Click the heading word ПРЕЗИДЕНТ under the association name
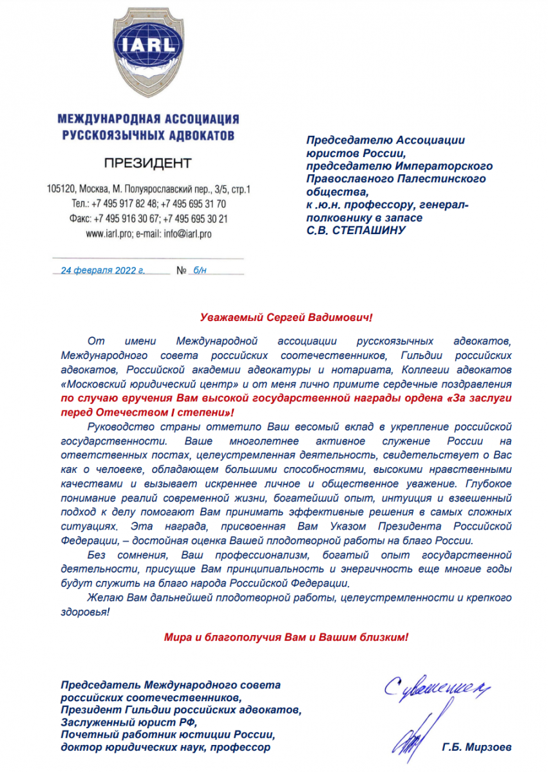coord(148,162)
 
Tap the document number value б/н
coord(200,270)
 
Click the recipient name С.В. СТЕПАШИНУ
coord(356,230)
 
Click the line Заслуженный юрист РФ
coord(113,722)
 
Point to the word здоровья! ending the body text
coord(84,611)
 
